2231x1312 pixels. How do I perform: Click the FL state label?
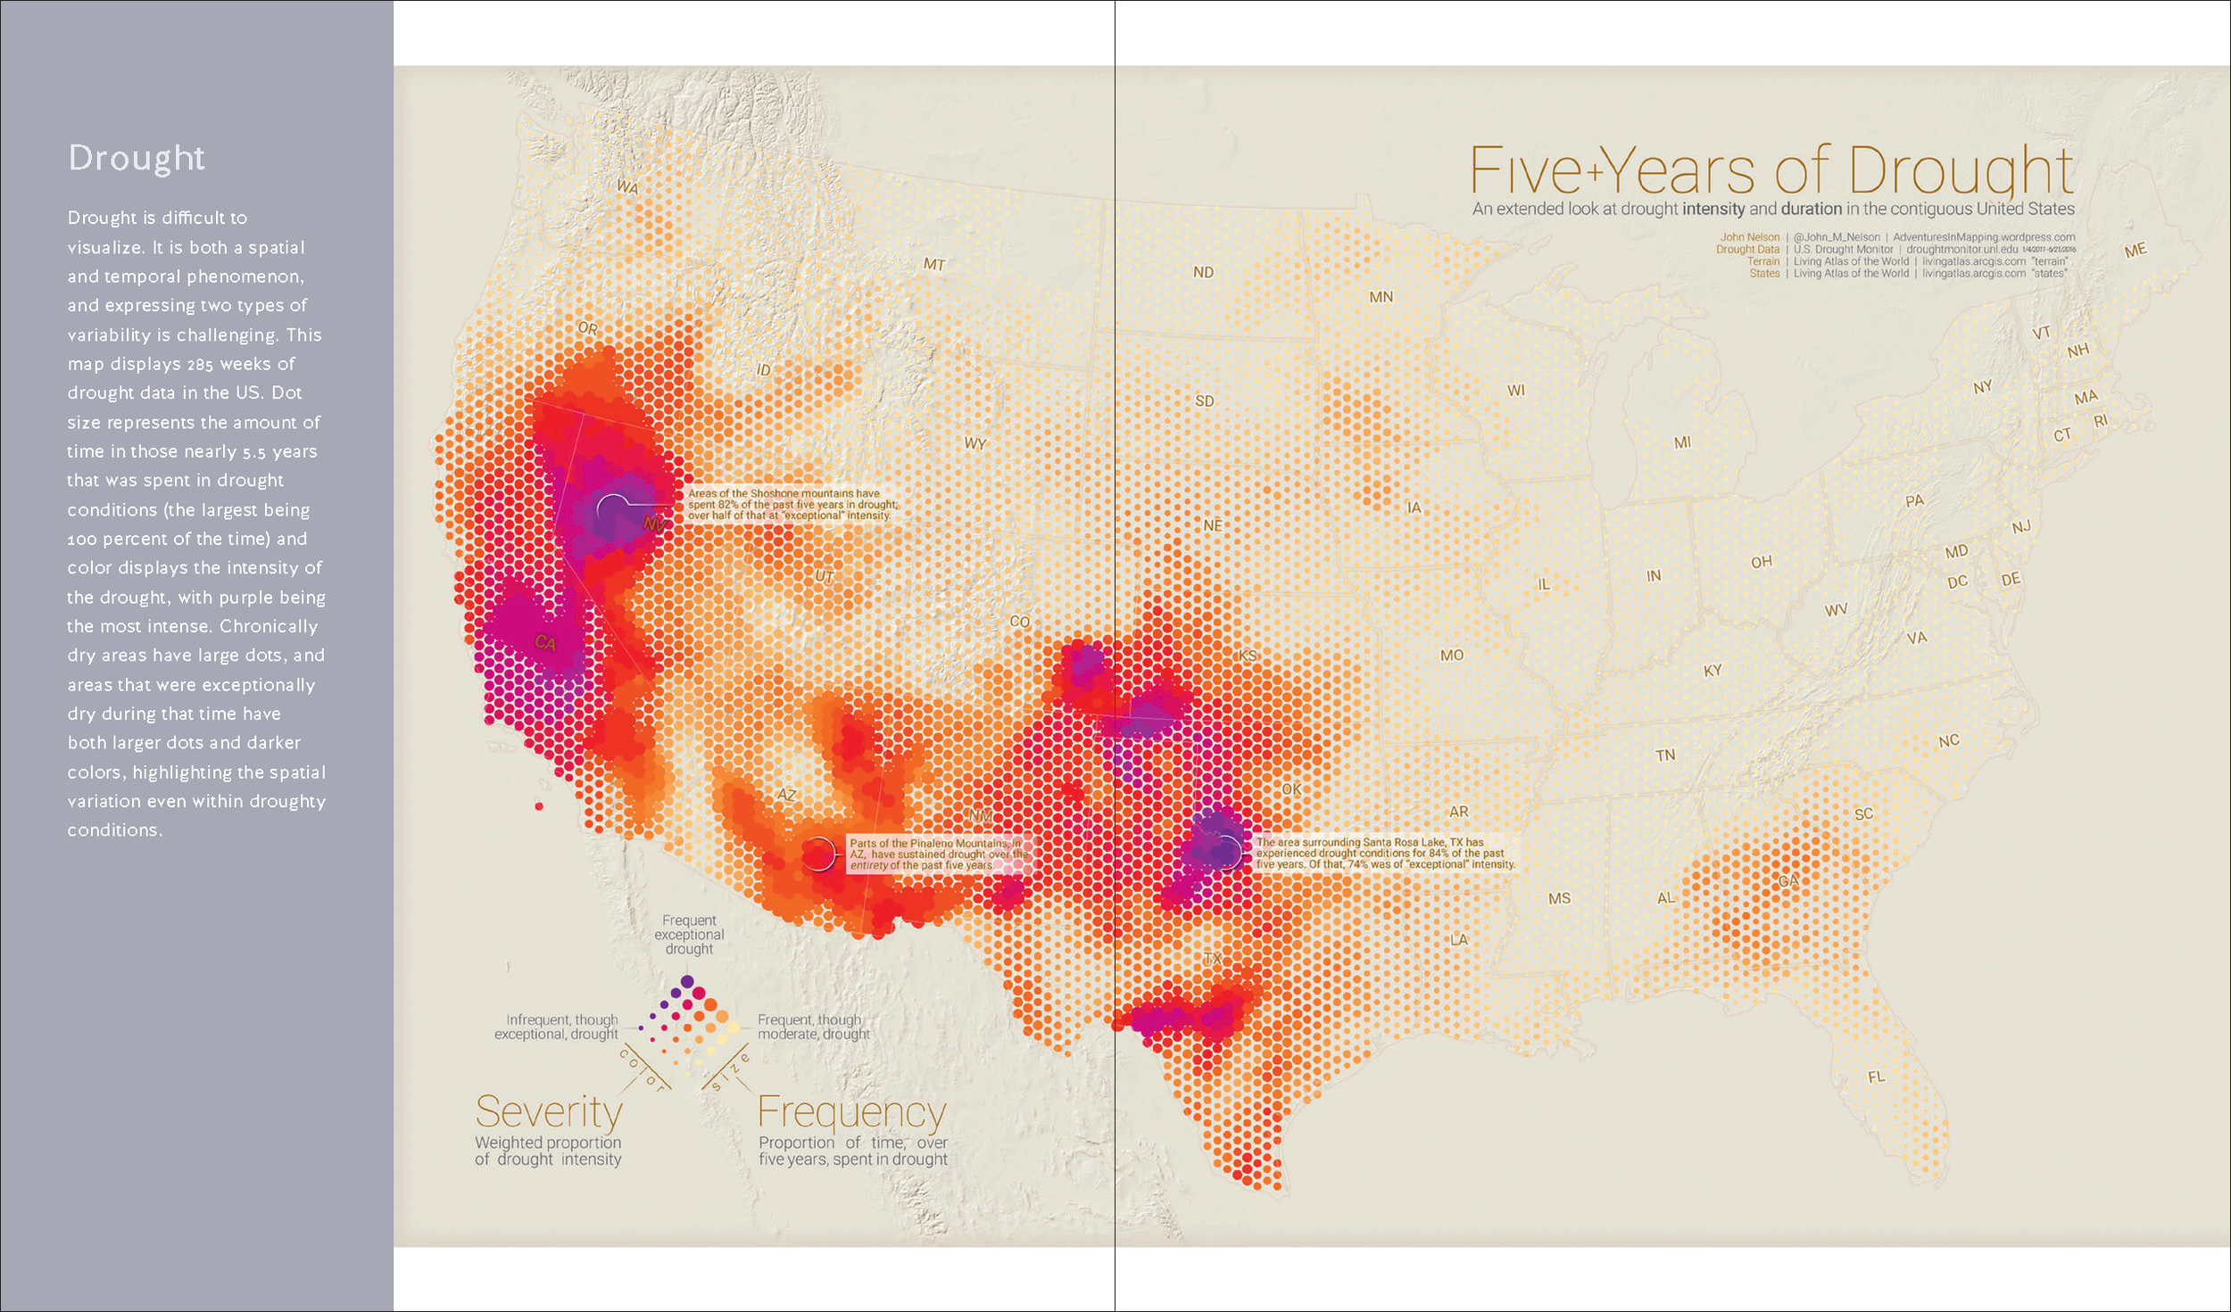click(x=1877, y=1077)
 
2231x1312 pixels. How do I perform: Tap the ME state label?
click(x=2135, y=251)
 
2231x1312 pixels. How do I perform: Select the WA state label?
click(x=627, y=187)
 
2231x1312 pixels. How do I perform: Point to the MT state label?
click(x=933, y=264)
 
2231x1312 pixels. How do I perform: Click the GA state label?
click(x=1788, y=881)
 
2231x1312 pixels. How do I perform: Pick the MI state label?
click(x=1682, y=442)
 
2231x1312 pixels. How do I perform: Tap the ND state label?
click(x=1203, y=272)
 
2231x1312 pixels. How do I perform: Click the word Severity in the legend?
click(x=549, y=1112)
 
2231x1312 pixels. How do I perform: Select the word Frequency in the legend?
click(x=851, y=1112)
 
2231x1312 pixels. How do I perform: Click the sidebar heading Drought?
click(x=137, y=158)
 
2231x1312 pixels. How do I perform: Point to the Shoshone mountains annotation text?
click(x=792, y=504)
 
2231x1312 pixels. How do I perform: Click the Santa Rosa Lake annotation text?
click(x=1384, y=854)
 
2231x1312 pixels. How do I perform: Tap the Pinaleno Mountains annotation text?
click(x=937, y=854)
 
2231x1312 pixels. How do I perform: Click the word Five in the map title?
click(x=1525, y=171)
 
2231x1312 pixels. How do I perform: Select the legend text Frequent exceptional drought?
click(x=689, y=935)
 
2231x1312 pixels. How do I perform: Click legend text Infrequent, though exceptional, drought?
click(x=557, y=1027)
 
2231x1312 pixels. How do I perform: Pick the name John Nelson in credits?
click(x=1749, y=237)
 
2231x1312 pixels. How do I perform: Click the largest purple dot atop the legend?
click(x=687, y=981)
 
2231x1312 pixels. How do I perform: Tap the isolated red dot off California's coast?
click(x=539, y=806)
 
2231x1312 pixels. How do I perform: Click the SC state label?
click(x=1863, y=814)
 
